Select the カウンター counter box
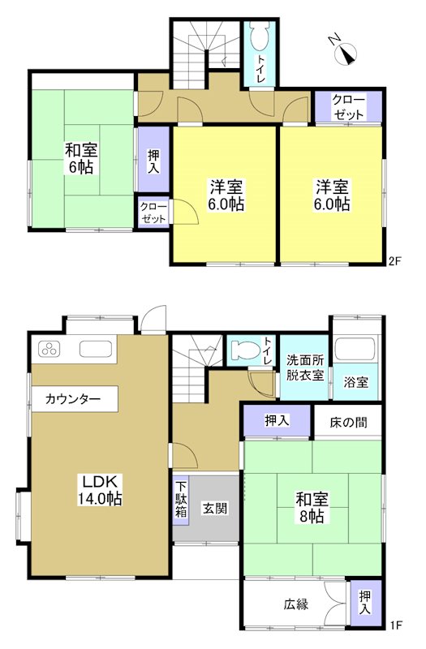point(73,398)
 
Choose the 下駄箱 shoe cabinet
point(182,501)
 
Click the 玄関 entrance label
point(214,509)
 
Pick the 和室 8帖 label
point(310,508)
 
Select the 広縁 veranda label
point(295,604)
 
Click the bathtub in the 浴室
point(354,350)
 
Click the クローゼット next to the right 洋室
point(348,107)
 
